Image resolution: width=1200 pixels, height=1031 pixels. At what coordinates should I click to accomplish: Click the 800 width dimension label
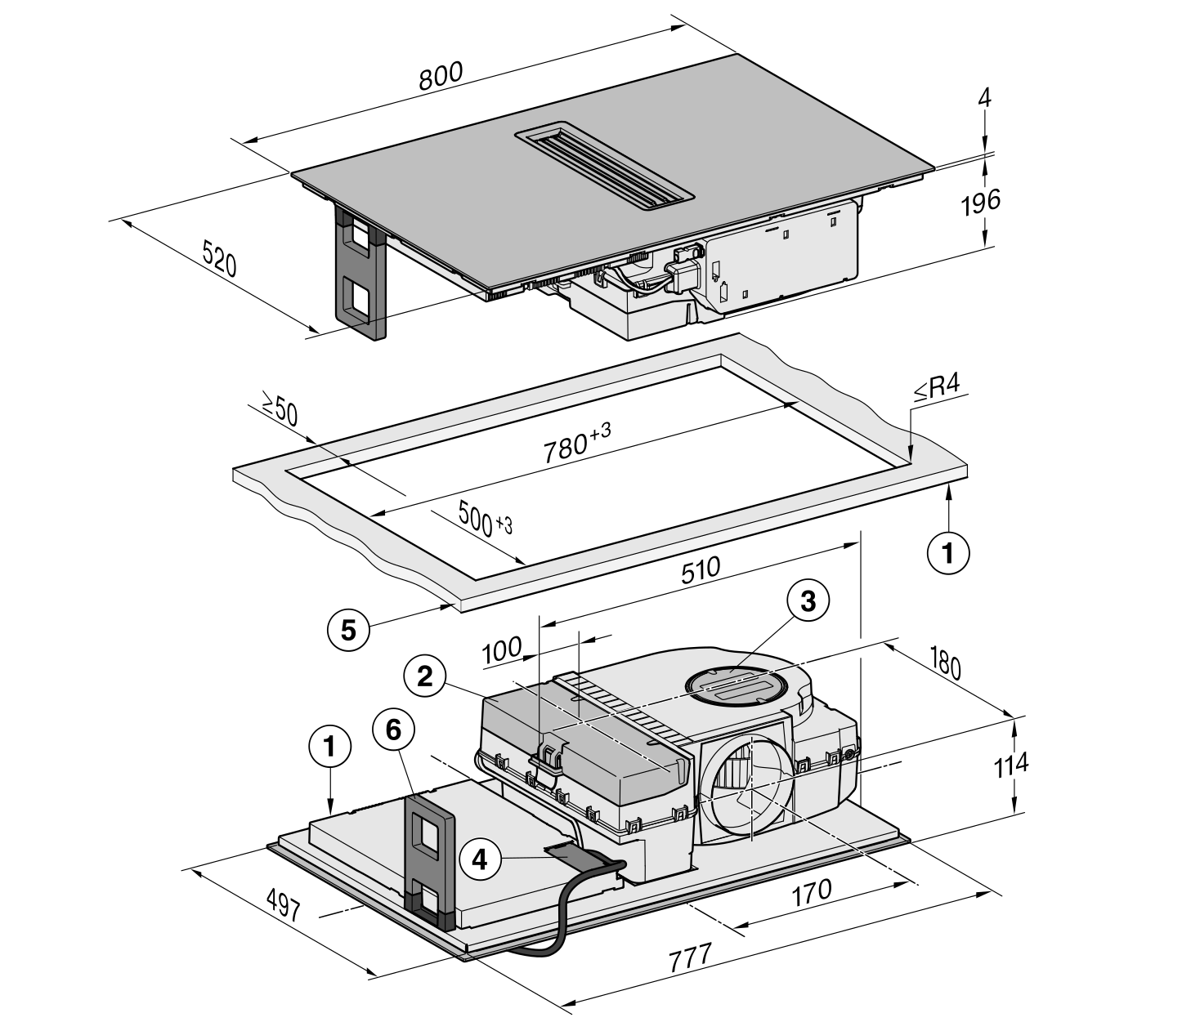point(441,76)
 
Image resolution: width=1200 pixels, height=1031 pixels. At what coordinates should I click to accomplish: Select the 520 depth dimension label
point(219,259)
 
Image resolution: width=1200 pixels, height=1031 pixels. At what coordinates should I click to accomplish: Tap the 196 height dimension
point(981,201)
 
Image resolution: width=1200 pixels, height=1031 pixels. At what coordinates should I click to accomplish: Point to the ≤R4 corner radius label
point(937,388)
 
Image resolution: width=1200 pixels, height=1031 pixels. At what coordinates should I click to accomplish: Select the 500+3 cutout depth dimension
point(486,517)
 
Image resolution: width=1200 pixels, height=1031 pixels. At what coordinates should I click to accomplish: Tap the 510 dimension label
point(701,571)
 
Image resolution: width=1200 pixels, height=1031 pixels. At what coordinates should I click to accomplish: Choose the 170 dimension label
point(812,892)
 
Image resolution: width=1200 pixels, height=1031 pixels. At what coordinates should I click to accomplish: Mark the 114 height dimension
point(1010,765)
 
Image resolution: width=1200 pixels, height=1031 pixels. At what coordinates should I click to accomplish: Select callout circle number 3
point(808,602)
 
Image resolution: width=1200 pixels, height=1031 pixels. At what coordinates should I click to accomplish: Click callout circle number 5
point(348,631)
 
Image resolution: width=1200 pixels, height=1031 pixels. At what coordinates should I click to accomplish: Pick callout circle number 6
point(394,730)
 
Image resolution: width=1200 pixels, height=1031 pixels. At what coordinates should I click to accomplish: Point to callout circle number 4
point(480,859)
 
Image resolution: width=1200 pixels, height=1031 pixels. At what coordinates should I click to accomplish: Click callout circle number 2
point(425,676)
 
